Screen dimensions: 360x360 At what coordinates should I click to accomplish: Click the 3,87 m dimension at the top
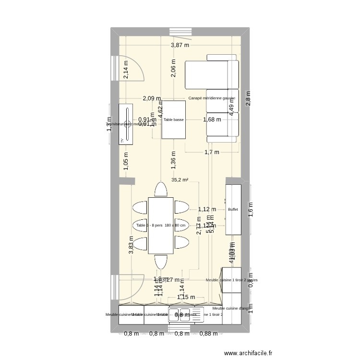[x=180, y=46]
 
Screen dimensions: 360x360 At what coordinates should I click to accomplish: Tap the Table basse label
[x=173, y=120]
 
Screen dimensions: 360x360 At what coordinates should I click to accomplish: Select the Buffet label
[x=233, y=210]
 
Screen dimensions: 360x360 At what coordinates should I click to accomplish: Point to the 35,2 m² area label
[x=180, y=180]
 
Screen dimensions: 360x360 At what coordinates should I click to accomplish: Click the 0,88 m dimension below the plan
[x=207, y=334]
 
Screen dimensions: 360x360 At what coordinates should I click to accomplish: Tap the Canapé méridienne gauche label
[x=212, y=98]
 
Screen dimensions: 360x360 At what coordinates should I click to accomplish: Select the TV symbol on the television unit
[x=122, y=140]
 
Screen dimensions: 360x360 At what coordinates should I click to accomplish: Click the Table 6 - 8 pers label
[x=161, y=226]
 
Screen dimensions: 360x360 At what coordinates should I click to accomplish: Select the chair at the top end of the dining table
[x=161, y=189]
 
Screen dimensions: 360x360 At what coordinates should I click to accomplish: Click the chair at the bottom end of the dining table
[x=161, y=262]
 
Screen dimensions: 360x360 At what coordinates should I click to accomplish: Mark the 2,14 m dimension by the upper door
[x=126, y=71]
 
